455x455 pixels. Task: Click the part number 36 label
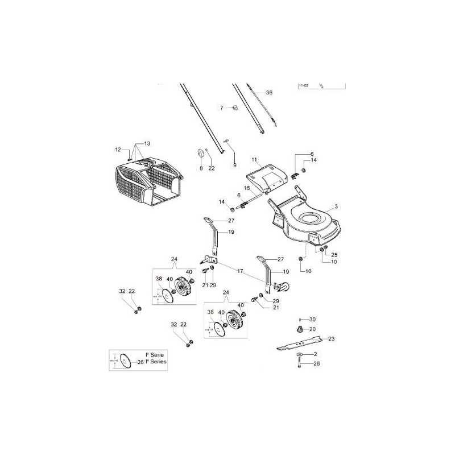click(269, 92)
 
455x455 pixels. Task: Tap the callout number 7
click(222, 107)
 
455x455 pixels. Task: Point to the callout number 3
click(336, 206)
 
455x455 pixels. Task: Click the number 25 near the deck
click(334, 254)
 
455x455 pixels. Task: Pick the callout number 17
click(240, 272)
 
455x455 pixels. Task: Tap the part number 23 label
click(331, 338)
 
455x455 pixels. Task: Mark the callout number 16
click(247, 188)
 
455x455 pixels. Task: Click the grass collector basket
click(149, 182)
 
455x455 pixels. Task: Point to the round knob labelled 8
click(201, 154)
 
